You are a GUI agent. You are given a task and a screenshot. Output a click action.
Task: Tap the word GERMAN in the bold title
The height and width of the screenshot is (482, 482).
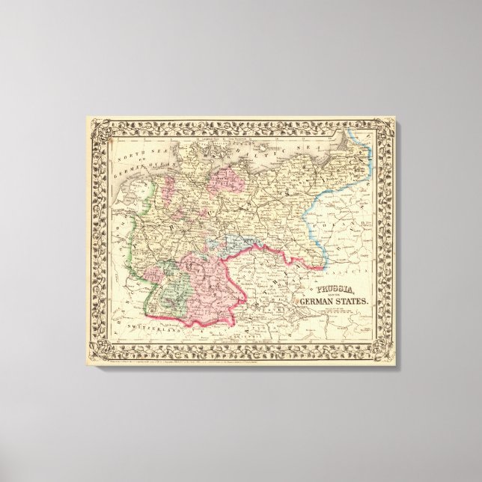[318, 302]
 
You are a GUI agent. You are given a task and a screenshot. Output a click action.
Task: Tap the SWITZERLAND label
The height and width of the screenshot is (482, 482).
[145, 327]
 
